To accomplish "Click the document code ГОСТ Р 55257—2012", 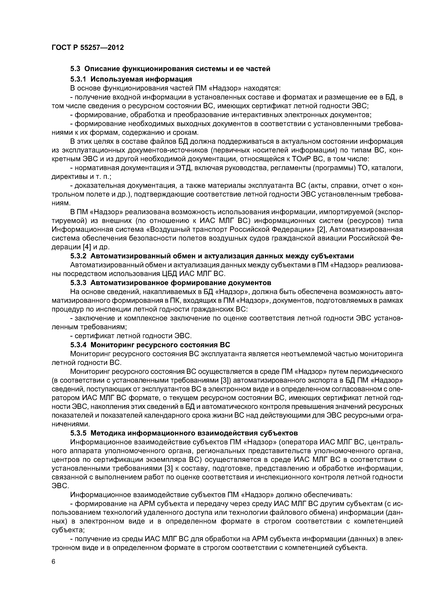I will (x=88, y=48).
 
